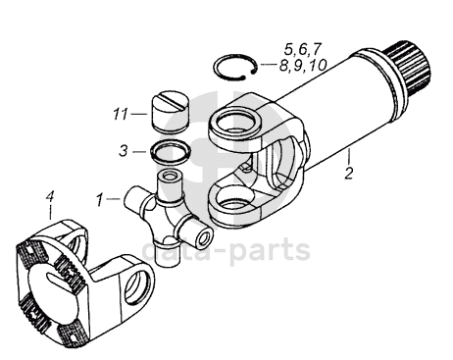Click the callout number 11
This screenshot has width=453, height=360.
pyautogui.click(x=121, y=114)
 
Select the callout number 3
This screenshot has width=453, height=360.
pyautogui.click(x=124, y=151)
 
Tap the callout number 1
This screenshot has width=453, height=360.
pyautogui.click(x=100, y=200)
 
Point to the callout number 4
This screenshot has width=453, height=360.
pyautogui.click(x=50, y=197)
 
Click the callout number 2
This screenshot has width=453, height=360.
pyautogui.click(x=349, y=173)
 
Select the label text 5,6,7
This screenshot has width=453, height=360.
pyautogui.click(x=303, y=49)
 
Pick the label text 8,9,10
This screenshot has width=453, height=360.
pyautogui.click(x=303, y=65)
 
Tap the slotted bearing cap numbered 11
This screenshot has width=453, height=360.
pyautogui.click(x=171, y=112)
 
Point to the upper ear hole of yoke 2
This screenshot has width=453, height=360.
pyautogui.click(x=235, y=124)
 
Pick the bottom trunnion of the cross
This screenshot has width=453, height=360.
pyautogui.click(x=168, y=252)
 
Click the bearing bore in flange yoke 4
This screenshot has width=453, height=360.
pyautogui.click(x=137, y=285)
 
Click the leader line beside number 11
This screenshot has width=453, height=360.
pyautogui.click(x=139, y=114)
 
